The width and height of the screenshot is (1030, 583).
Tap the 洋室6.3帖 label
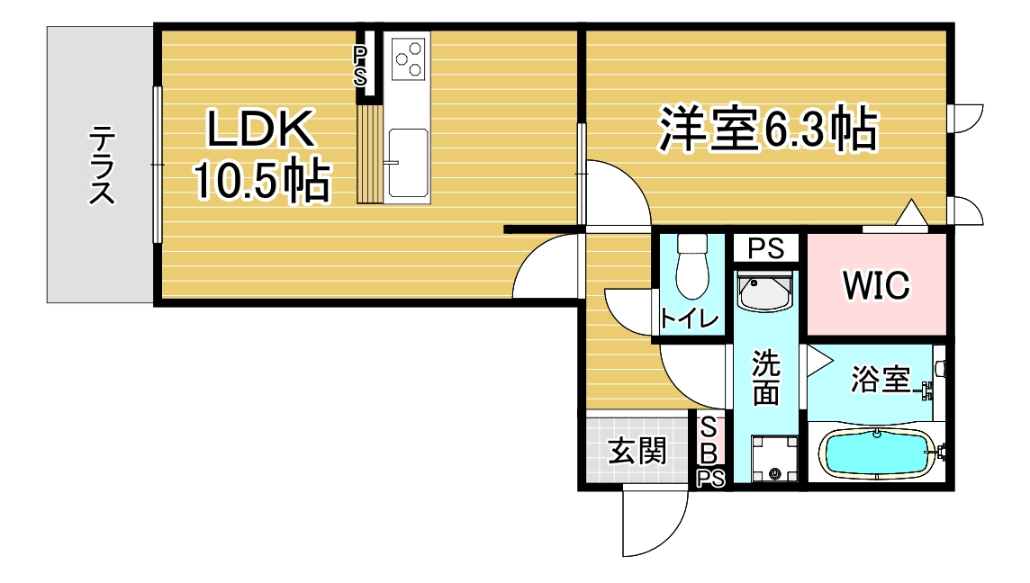[x=768, y=130]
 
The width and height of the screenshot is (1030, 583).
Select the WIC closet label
[x=876, y=285]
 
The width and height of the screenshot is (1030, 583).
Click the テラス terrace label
[x=102, y=165]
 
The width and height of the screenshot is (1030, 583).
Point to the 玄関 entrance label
[x=637, y=451]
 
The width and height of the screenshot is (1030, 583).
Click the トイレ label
[x=689, y=318]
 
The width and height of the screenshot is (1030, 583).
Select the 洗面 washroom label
[x=766, y=378]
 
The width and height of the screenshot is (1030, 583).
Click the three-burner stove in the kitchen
[x=408, y=57]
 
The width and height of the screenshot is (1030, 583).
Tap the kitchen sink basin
[x=408, y=163]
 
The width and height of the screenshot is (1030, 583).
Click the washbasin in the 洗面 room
[x=764, y=291]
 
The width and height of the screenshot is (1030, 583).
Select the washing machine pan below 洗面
[x=774, y=458]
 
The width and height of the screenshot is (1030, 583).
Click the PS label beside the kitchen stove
[x=360, y=66]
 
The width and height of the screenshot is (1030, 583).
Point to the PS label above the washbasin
[x=766, y=249]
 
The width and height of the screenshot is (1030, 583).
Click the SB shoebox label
[x=709, y=440]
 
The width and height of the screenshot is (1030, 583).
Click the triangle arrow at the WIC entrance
[x=911, y=212]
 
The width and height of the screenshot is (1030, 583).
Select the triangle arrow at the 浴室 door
[x=818, y=361]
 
